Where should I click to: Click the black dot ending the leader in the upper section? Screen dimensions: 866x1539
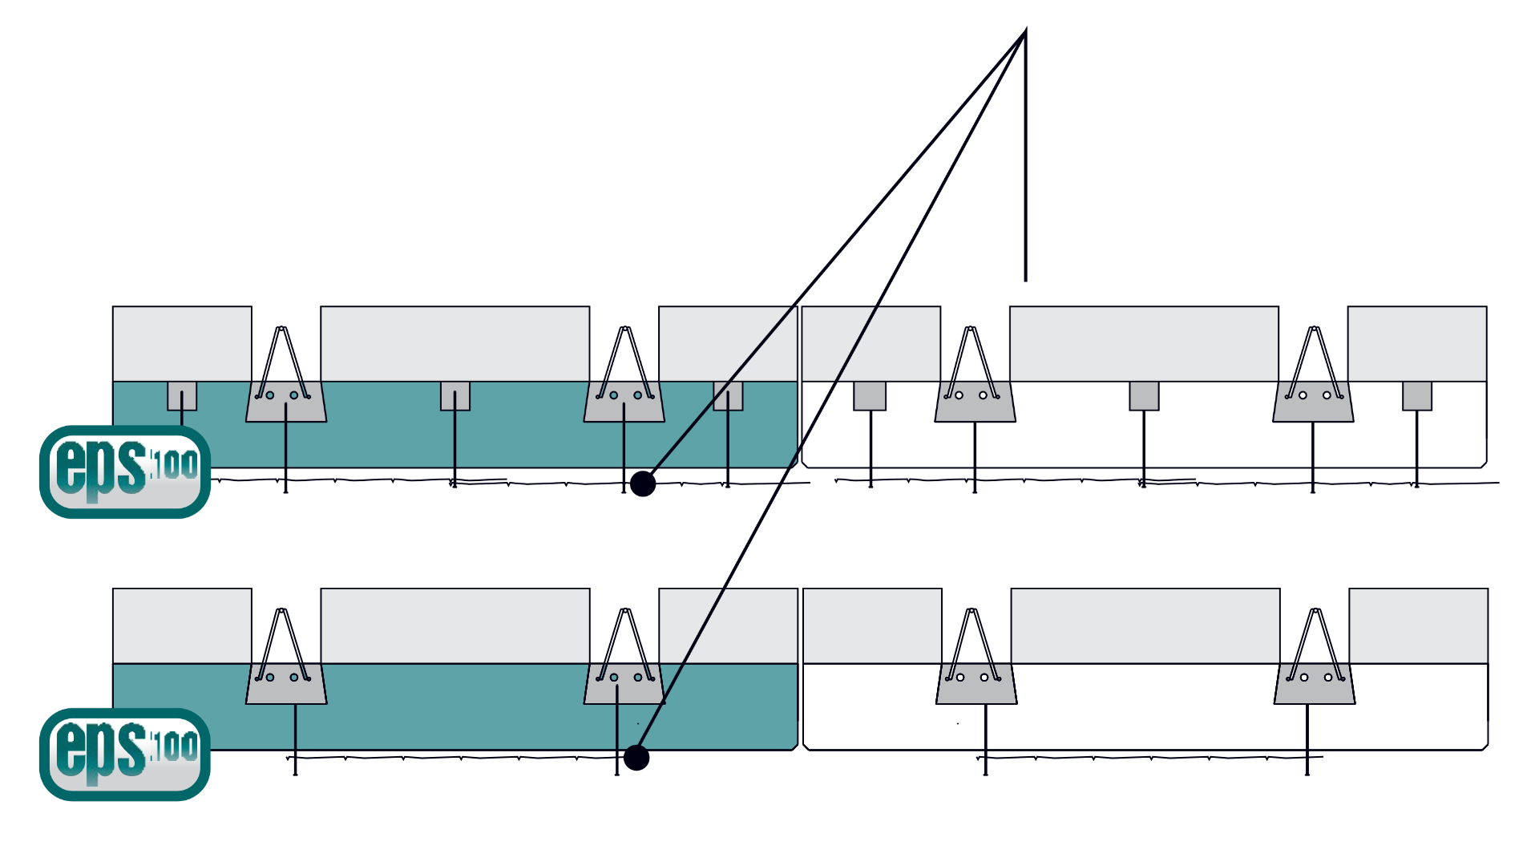coord(643,484)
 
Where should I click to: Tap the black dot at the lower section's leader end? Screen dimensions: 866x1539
coord(636,758)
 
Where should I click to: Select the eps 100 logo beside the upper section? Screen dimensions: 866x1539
coord(125,472)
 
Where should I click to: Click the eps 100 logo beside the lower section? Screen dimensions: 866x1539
coord(125,755)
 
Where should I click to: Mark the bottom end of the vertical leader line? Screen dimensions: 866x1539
coord(1025,280)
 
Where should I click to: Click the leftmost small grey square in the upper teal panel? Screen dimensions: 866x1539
coord(182,396)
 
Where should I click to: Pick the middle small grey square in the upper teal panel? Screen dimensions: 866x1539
coord(455,396)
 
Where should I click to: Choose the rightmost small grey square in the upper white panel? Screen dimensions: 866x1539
coord(1417,396)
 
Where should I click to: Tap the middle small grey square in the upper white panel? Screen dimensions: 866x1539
coord(1144,396)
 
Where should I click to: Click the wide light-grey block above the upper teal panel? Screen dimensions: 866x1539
coord(455,343)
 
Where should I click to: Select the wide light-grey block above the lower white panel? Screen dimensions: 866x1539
coord(1145,625)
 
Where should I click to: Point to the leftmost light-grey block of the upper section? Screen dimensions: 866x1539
coord(182,343)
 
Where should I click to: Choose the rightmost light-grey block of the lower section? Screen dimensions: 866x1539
coord(1418,625)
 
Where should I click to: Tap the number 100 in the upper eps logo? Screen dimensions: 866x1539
coord(175,465)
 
